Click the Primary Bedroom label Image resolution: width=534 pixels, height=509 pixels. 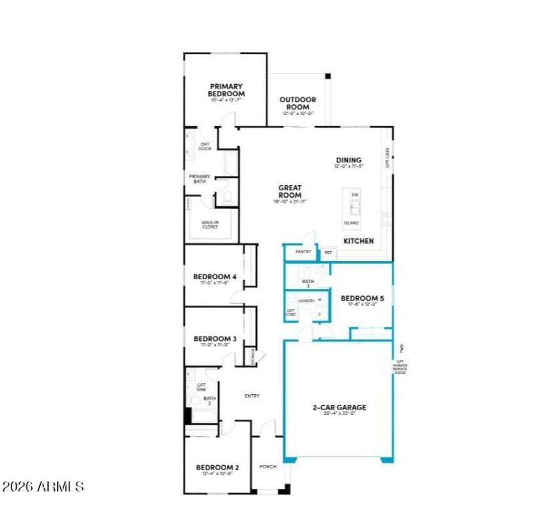[x=227, y=90]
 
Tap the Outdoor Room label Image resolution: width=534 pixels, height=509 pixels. [x=297, y=104]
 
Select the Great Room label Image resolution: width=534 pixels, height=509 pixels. [x=290, y=191]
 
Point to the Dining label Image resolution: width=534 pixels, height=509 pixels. [x=348, y=160]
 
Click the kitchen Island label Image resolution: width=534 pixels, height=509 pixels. [x=351, y=223]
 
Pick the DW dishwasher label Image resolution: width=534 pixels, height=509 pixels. [x=355, y=194]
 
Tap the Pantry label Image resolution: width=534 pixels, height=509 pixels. [x=304, y=252]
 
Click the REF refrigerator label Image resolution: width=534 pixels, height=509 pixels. [x=328, y=252]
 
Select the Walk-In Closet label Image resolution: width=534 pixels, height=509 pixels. [x=210, y=224]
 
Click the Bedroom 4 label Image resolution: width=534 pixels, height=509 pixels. [x=215, y=277]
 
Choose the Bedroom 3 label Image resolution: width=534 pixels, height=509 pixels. [x=215, y=339]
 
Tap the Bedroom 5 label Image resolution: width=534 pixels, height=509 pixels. [x=362, y=299]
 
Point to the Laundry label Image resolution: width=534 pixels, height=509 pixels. [x=306, y=301]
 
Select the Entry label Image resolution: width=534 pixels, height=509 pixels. [x=252, y=396]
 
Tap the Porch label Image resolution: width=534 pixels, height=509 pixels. [x=268, y=466]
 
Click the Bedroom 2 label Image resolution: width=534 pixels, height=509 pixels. [x=217, y=467]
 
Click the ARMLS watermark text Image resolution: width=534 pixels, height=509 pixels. [x=44, y=486]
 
